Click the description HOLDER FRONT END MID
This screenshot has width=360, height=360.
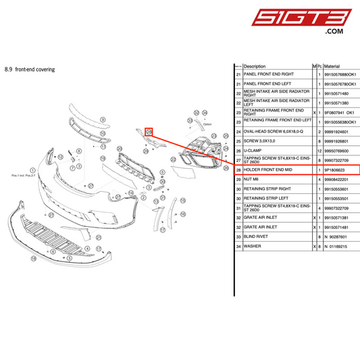(x=267, y=170)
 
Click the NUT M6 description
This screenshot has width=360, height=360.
(x=253, y=180)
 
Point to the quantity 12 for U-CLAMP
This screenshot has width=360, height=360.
(x=319, y=151)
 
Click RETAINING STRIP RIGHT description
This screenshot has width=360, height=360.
(x=270, y=189)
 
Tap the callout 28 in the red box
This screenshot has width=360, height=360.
(x=131, y=132)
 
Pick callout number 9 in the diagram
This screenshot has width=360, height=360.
(x=84, y=118)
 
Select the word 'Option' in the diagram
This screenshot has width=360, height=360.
(x=188, y=125)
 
